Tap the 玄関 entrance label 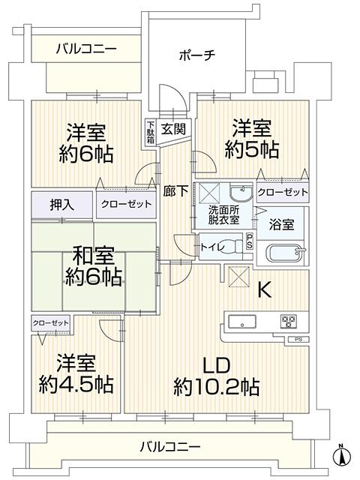click(x=173, y=129)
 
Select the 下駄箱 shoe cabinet click(x=150, y=132)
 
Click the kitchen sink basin click(x=242, y=322)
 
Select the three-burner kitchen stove click(x=288, y=322)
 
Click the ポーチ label click(x=197, y=55)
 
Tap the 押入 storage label click(x=62, y=205)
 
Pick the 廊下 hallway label click(x=175, y=191)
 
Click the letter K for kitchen click(x=265, y=289)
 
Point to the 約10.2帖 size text click(x=217, y=387)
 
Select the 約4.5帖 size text click(x=76, y=384)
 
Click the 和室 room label click(x=93, y=256)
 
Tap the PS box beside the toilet click(x=250, y=241)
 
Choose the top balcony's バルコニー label click(x=87, y=49)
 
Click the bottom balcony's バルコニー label click(x=170, y=447)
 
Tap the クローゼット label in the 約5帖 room click(x=283, y=192)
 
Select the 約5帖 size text click(x=252, y=149)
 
